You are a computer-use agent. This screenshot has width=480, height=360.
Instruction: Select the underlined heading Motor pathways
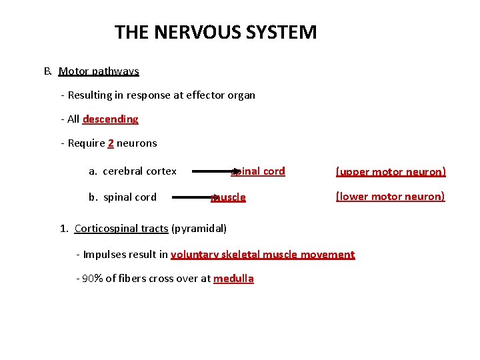pyautogui.click(x=99, y=71)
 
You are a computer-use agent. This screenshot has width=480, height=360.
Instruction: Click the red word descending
pyautogui.click(x=111, y=119)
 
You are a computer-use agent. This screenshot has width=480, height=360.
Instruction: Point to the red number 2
pyautogui.click(x=111, y=143)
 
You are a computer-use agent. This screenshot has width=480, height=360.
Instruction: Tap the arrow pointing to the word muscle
pyautogui.click(x=193, y=197)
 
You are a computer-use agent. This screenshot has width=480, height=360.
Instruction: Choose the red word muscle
pyautogui.click(x=229, y=197)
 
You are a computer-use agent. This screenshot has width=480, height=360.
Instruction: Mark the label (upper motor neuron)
pyautogui.click(x=390, y=172)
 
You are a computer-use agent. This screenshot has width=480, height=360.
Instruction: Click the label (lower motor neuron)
pyautogui.click(x=390, y=197)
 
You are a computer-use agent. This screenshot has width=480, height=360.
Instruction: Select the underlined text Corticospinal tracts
pyautogui.click(x=121, y=229)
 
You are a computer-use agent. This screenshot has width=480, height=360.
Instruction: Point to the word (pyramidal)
pyautogui.click(x=199, y=229)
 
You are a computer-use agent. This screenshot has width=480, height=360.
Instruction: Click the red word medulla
pyautogui.click(x=233, y=279)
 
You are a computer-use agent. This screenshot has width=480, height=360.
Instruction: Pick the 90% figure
pyautogui.click(x=94, y=279)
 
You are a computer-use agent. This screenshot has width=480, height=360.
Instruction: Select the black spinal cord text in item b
pyautogui.click(x=130, y=197)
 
